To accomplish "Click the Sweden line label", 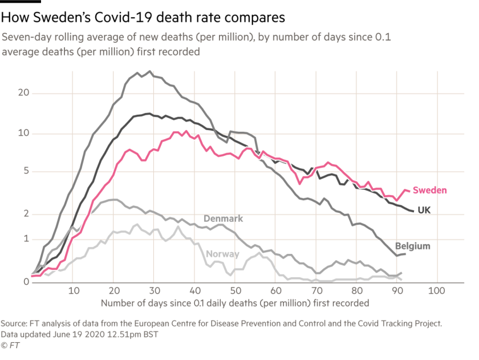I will [430, 191].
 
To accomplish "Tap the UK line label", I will [424, 210].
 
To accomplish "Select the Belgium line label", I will [413, 246].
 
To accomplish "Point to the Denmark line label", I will [224, 219].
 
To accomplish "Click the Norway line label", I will [222, 254].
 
